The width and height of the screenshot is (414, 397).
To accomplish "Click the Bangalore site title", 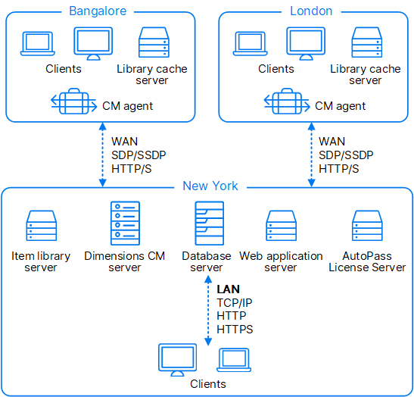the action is tap(98, 11).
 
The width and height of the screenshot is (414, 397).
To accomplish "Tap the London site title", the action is tap(311, 11).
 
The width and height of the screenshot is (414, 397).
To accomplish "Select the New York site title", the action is tap(210, 186).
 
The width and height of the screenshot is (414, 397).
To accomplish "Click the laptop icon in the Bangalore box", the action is tap(38, 44).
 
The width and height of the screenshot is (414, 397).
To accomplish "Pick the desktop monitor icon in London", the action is tap(306, 44).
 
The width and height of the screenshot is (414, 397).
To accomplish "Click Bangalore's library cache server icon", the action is tap(154, 42).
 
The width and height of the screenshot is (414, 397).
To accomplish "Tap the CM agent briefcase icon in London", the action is tap(287, 102).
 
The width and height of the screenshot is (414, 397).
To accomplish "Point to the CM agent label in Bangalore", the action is tap(127, 106).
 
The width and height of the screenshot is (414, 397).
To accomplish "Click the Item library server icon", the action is tap(41, 226).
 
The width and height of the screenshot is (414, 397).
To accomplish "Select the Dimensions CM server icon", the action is tap(125, 224).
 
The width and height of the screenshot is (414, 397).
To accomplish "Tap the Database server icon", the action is tap(210, 224).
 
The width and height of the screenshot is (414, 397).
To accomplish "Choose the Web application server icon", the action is tap(282, 226).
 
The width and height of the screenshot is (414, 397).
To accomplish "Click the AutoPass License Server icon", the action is tap(367, 226).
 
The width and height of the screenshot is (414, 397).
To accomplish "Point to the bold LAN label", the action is tap(228, 289).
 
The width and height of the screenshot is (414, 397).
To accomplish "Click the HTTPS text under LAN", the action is tap(235, 330).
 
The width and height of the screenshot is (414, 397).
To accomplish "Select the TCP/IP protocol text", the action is tap(235, 302).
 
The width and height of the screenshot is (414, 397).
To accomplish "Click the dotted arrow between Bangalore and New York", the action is tap(102, 155).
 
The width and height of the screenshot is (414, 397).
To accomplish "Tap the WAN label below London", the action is tap(332, 142).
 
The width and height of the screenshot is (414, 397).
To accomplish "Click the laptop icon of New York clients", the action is tap(234, 360).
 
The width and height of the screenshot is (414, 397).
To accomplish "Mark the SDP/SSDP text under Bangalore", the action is tap(139, 155).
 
